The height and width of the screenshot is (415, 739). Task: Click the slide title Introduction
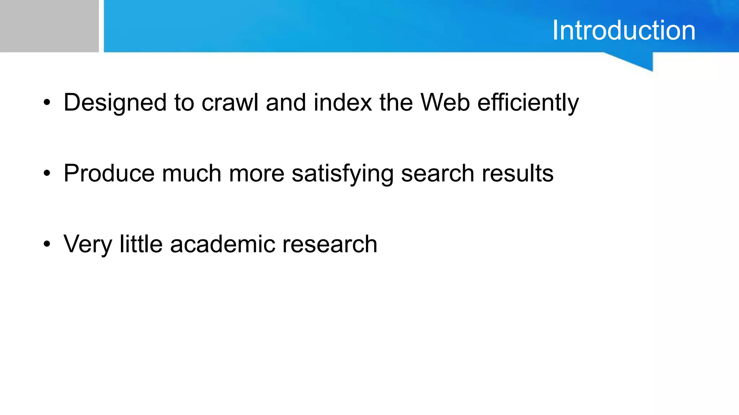pyautogui.click(x=624, y=30)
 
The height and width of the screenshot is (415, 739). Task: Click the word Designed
pyautogui.click(x=115, y=103)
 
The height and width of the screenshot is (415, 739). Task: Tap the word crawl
pyautogui.click(x=230, y=102)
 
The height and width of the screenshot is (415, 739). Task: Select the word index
pyautogui.click(x=343, y=102)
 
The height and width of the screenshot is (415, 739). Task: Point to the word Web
pyautogui.click(x=445, y=102)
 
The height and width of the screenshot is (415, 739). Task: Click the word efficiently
pyautogui.click(x=528, y=103)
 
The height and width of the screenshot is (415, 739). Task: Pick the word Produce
pyautogui.click(x=109, y=174)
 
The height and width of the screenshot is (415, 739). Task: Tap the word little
pyautogui.click(x=141, y=244)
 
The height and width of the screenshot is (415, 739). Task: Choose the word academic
pyautogui.click(x=222, y=244)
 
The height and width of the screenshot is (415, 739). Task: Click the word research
pyautogui.click(x=330, y=244)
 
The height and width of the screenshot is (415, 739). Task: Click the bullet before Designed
pyautogui.click(x=47, y=103)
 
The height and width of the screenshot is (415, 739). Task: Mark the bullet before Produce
pyautogui.click(x=47, y=174)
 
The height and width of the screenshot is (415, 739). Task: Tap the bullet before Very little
pyautogui.click(x=47, y=245)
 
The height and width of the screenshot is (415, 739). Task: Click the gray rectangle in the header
pyautogui.click(x=49, y=26)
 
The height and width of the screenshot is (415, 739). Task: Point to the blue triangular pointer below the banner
pyautogui.click(x=639, y=61)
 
